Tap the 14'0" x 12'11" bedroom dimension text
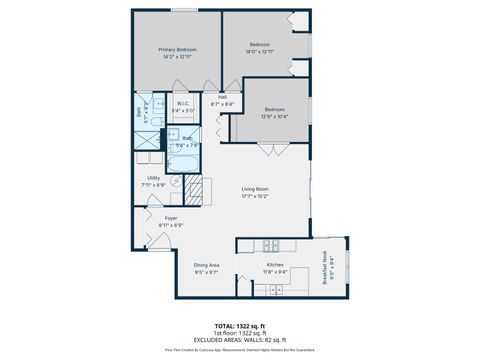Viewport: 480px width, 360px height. pyautogui.click(x=259, y=51)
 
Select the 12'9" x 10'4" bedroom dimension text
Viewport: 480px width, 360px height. pyautogui.click(x=275, y=117)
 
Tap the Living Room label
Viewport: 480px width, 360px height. pyautogui.click(x=256, y=189)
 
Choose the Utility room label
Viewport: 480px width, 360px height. pyautogui.click(x=153, y=178)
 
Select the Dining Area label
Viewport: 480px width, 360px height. pyautogui.click(x=207, y=265)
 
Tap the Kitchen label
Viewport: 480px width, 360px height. pyautogui.click(x=275, y=264)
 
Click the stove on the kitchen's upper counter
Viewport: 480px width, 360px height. pyautogui.click(x=270, y=246)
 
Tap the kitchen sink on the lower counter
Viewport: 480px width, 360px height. pyautogui.click(x=271, y=289)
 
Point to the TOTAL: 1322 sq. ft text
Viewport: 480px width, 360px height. pyautogui.click(x=240, y=326)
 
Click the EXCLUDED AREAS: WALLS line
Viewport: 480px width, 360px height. pyautogui.click(x=240, y=338)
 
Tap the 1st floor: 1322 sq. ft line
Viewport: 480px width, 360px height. pyautogui.click(x=240, y=332)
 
